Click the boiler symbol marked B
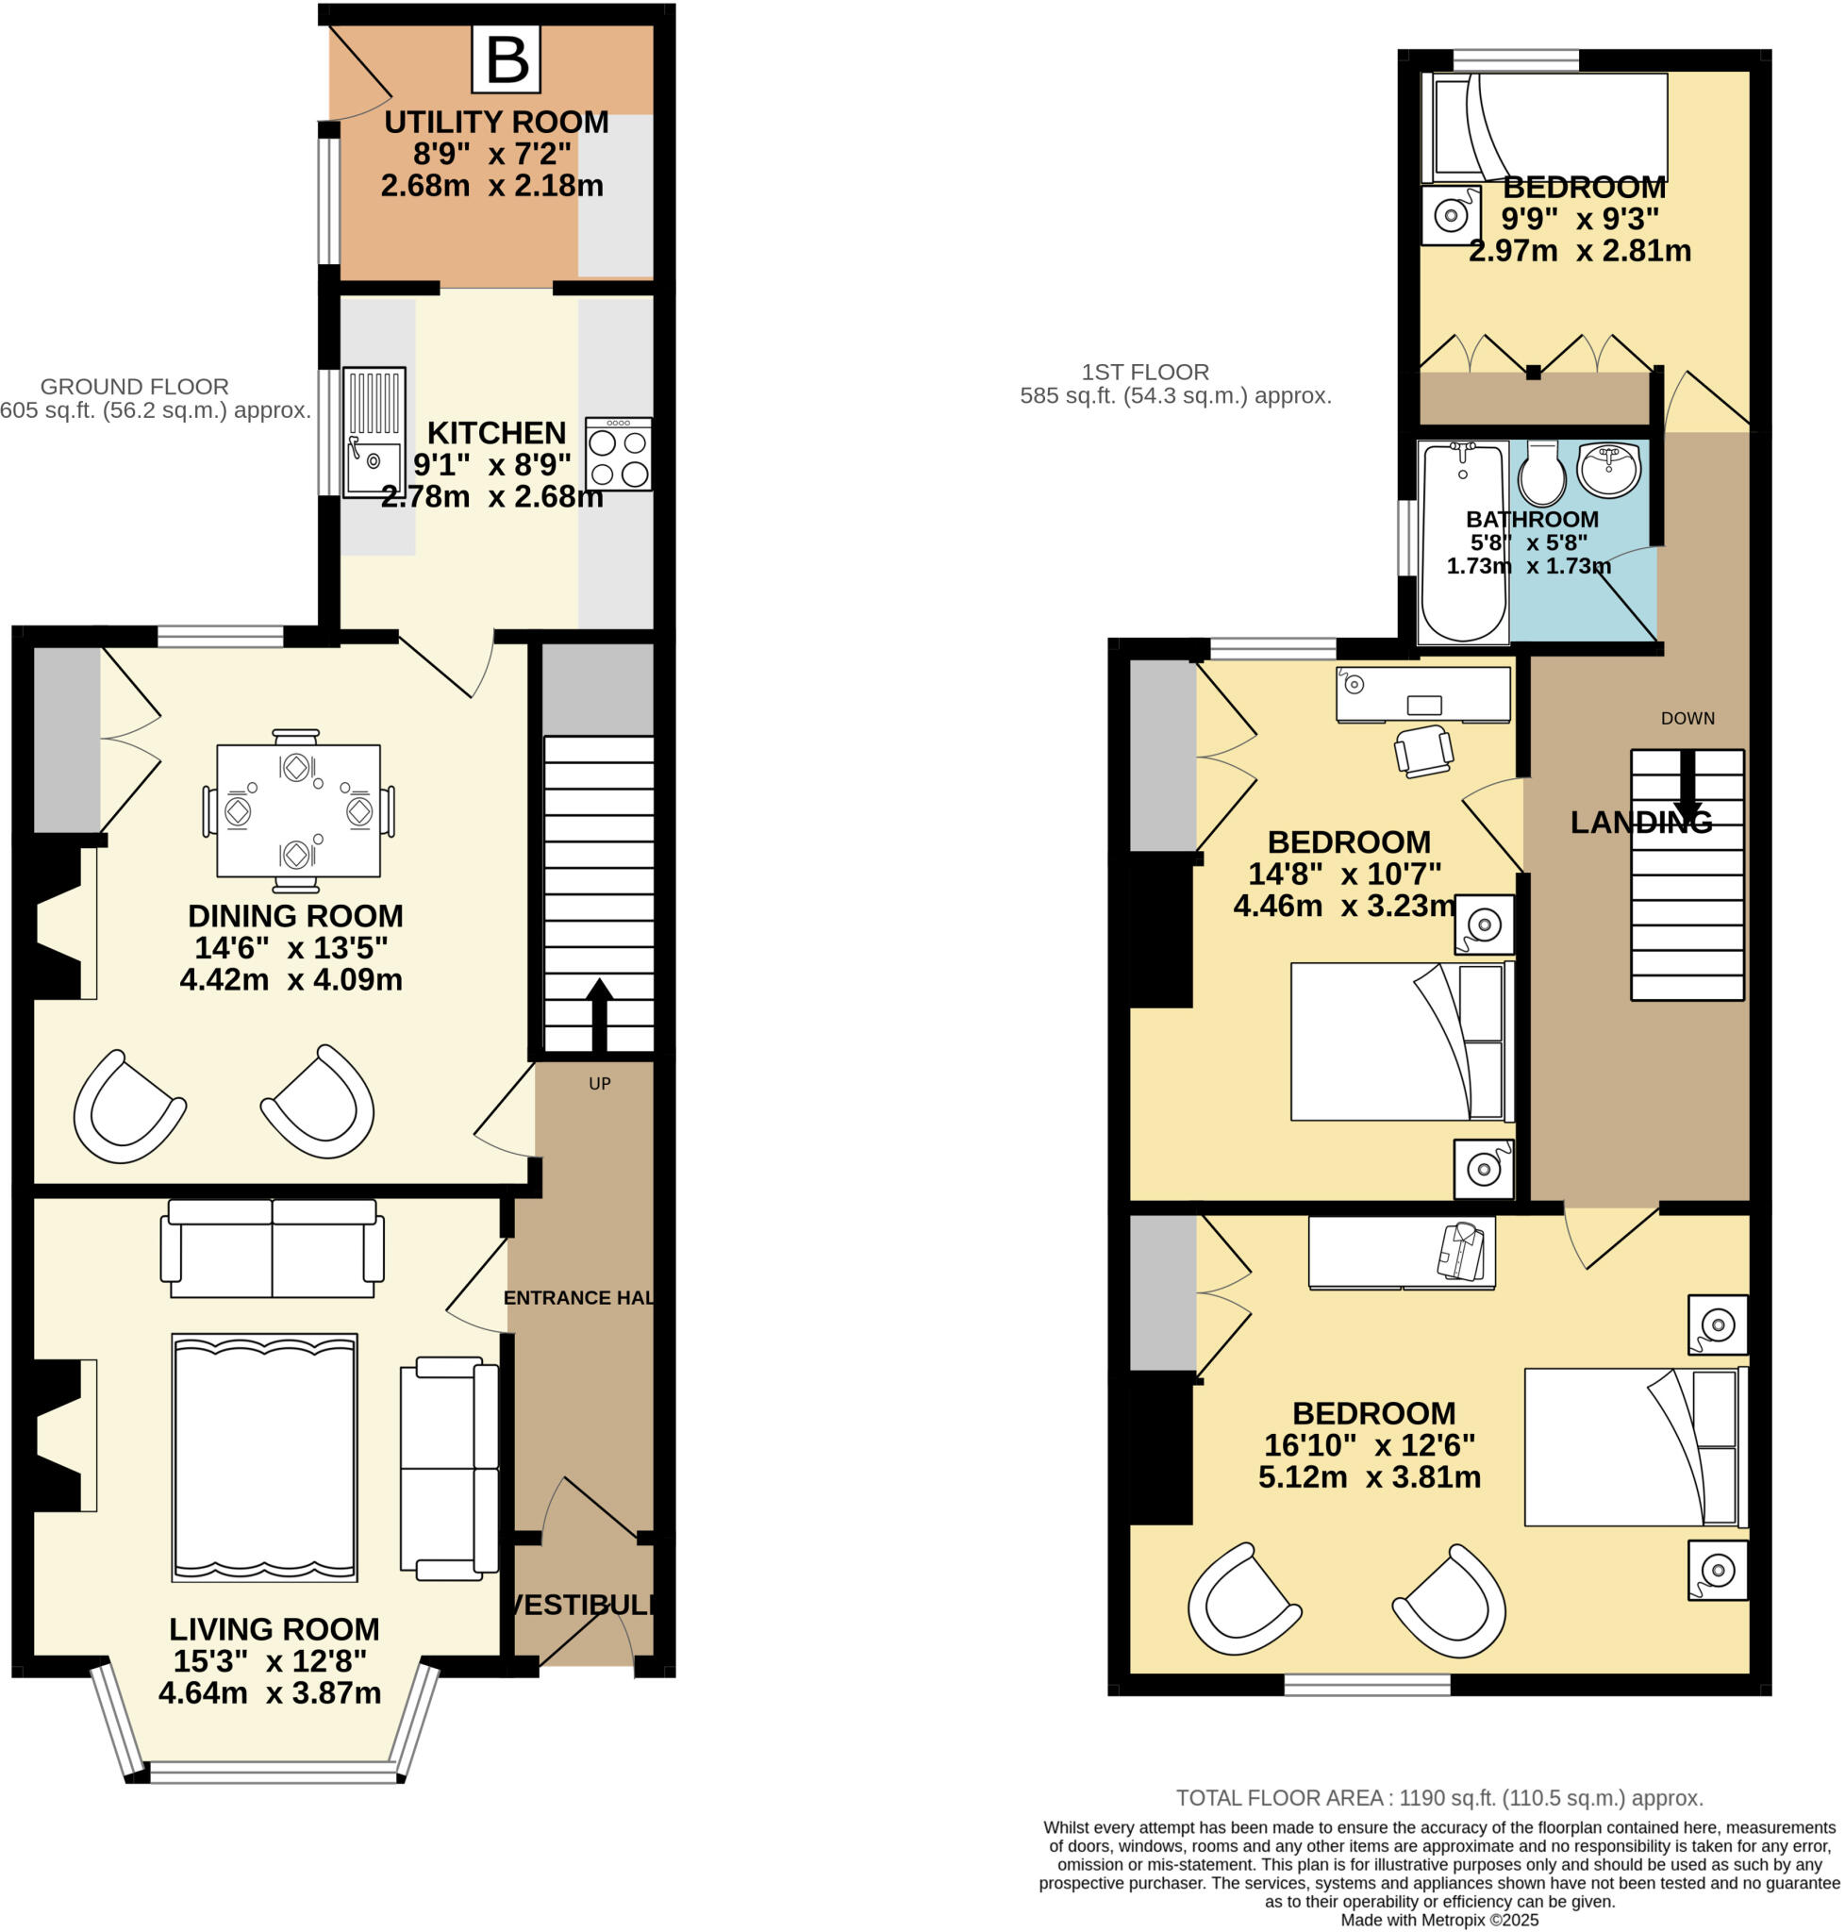click(x=507, y=59)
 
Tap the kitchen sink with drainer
click(x=374, y=432)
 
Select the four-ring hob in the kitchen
click(x=618, y=455)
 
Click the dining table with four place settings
click(x=298, y=810)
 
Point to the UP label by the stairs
click(x=599, y=1083)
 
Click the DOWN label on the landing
click(x=1687, y=718)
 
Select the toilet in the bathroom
click(x=1541, y=474)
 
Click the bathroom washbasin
click(x=1609, y=469)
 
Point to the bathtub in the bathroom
click(x=1462, y=543)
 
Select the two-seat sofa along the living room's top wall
click(x=273, y=1248)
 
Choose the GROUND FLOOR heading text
click(x=135, y=387)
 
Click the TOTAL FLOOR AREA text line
click(x=1438, y=1798)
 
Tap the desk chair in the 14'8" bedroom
click(x=1423, y=752)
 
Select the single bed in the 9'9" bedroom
click(x=1544, y=127)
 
